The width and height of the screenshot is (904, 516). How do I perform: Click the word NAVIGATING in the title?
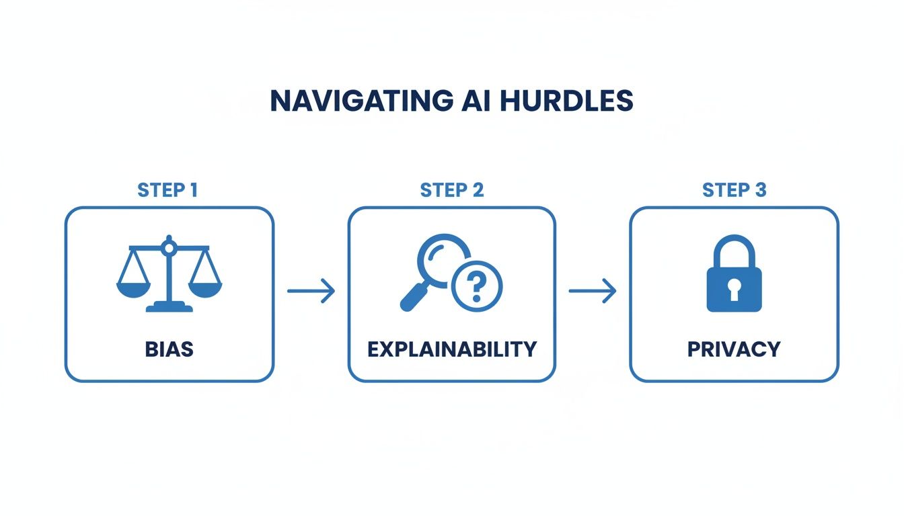coord(361,101)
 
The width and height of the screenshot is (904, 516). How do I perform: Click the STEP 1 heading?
coord(168,190)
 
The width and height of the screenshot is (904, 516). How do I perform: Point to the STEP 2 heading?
coord(451,190)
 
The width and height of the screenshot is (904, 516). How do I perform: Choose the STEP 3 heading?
coord(734,190)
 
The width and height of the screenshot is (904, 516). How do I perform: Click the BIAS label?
coord(169,349)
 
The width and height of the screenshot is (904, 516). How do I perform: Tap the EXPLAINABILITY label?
coord(451,349)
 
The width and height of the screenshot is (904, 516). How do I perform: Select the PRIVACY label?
coord(734,349)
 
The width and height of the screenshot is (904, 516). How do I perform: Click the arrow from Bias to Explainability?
coord(311,291)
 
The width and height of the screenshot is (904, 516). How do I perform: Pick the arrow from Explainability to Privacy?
coord(593,291)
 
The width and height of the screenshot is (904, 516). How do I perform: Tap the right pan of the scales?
coord(205,288)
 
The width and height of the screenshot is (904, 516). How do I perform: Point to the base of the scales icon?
coord(169,308)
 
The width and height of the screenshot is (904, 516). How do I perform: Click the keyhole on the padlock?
coord(734,290)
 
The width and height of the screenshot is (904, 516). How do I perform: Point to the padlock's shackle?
coord(734,249)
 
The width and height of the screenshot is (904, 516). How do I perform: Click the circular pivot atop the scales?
coord(169,249)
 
